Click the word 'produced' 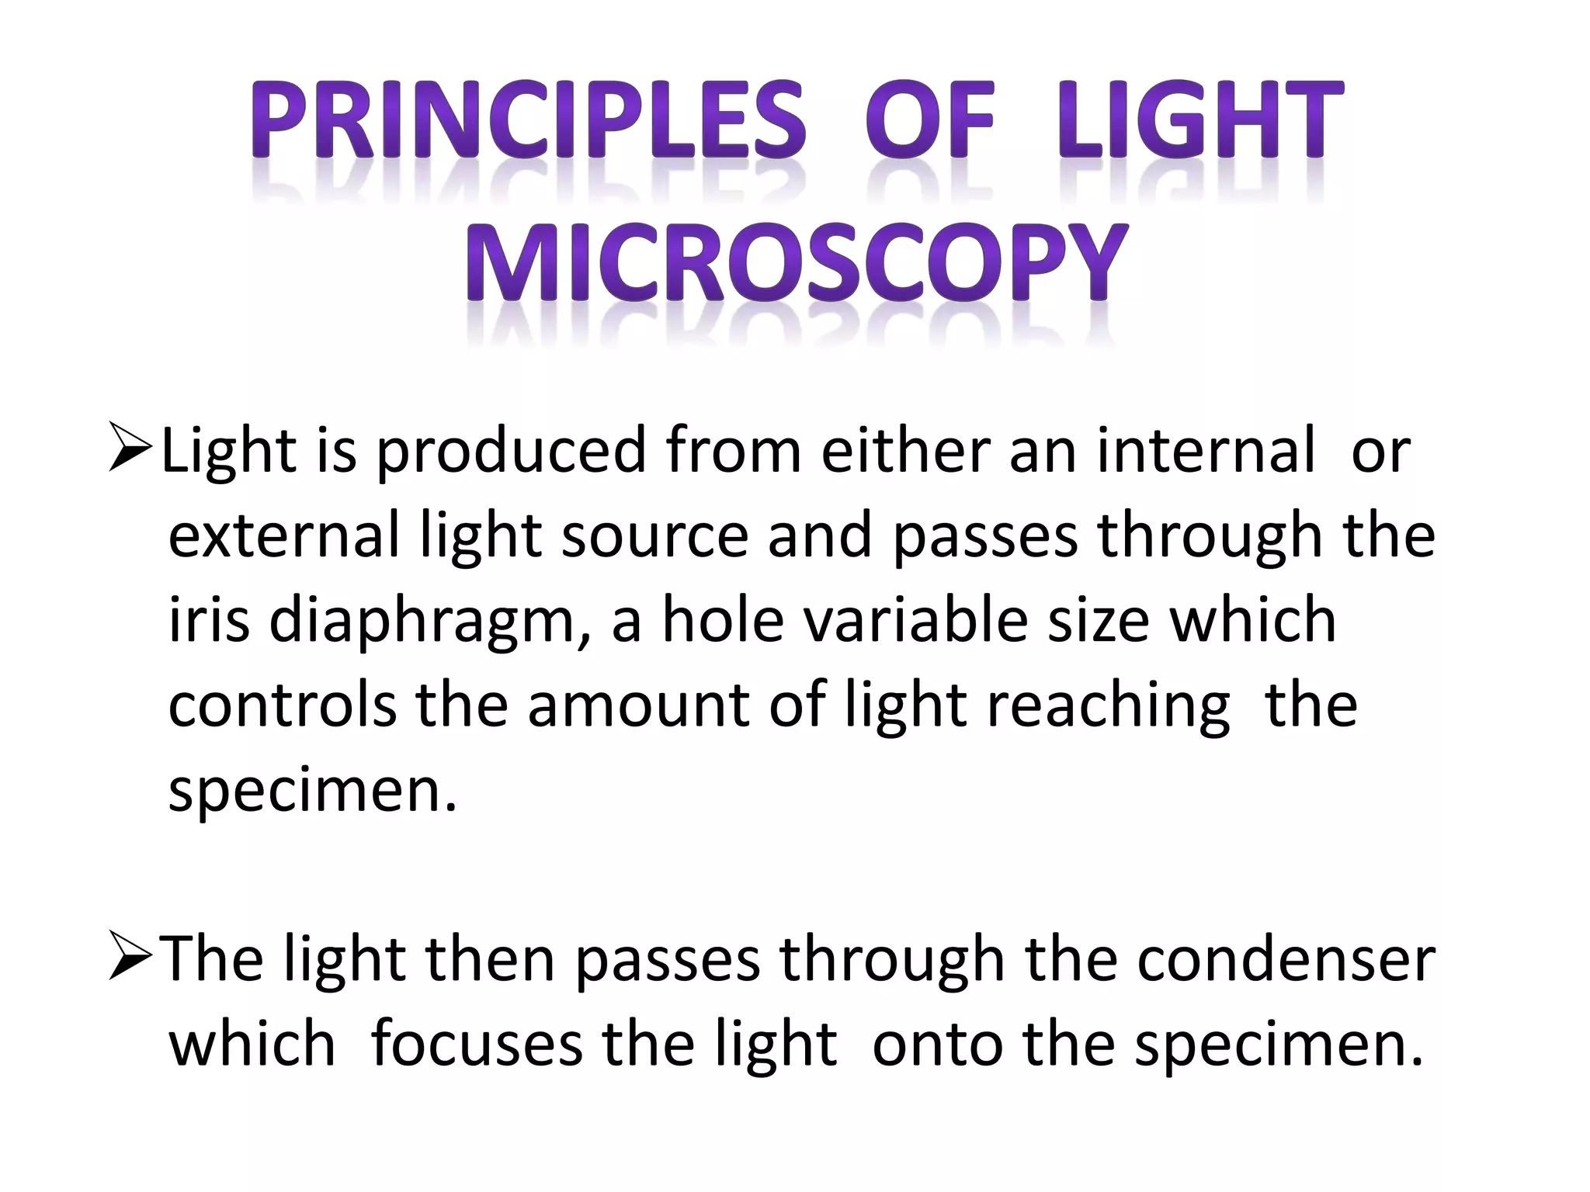pos(511,452)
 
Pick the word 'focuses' pos(477,1044)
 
